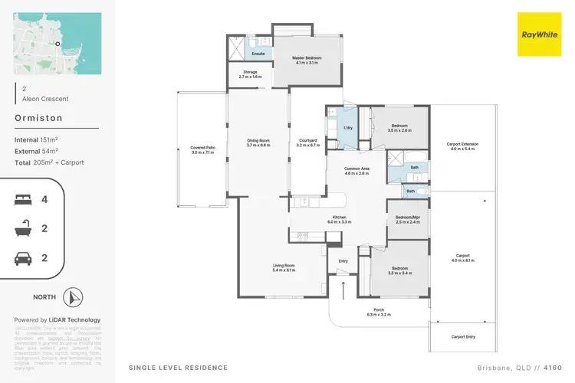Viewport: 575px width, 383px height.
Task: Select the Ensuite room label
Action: click(x=258, y=54)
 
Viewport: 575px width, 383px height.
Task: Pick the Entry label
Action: click(x=343, y=261)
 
